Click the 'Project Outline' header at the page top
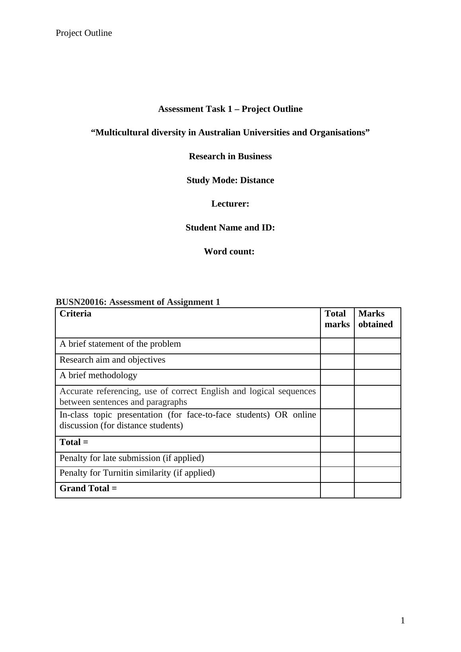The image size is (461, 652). pos(84,33)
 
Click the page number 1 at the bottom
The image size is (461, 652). pos(402,621)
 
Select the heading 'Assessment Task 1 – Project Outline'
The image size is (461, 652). pos(230,109)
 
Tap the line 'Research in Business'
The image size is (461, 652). pos(230,156)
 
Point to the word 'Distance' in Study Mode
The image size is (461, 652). pos(257,180)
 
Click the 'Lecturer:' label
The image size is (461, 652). pos(230,204)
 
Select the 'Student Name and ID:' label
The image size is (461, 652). pos(230,228)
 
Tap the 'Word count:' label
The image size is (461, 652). pos(229,252)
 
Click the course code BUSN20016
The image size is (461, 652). pos(81,302)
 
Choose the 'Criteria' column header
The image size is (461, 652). pos(75,314)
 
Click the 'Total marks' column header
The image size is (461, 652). pos(337,319)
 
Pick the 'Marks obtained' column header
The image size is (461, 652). pos(375,319)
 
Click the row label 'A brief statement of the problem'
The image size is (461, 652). pos(120,344)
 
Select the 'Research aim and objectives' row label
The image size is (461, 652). pos(112,360)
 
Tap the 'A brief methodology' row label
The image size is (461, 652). pos(98,375)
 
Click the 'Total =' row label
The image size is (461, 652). pos(74,442)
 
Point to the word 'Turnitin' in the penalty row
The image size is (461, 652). pos(119,473)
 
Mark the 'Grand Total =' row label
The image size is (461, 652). pos(88,488)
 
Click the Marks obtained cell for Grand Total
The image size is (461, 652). pos(377,490)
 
